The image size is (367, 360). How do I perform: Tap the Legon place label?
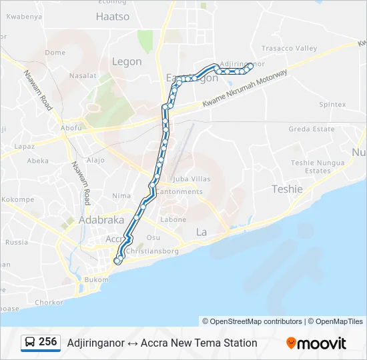pos(127,61)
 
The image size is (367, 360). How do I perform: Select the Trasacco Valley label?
pos(289,48)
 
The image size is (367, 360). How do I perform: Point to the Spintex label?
pos(332,105)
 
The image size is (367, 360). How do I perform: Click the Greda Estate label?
pos(311,129)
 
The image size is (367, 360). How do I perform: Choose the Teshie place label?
pos(287,189)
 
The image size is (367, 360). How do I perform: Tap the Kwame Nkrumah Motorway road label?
pos(244,87)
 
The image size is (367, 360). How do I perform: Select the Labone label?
pos(173,219)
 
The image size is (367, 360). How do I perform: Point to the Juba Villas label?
pos(192,179)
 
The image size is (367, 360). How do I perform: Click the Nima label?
pos(121,195)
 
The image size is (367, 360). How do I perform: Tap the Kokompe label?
pos(17,199)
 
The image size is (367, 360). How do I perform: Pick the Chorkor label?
pos(31,302)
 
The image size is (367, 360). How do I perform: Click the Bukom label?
pos(96,280)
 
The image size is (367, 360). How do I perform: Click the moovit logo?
pos(316,343)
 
